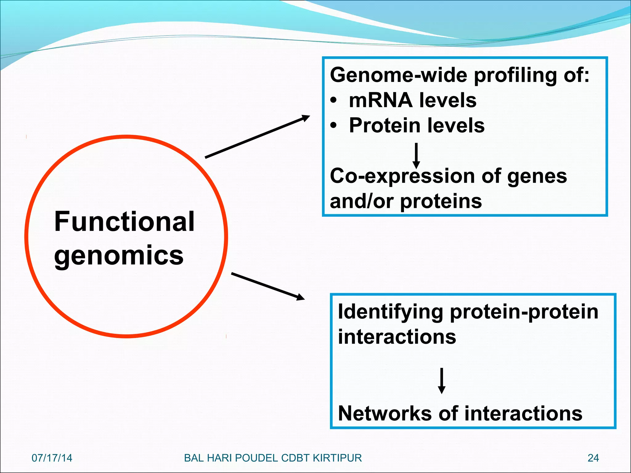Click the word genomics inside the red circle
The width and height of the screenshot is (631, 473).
(x=119, y=256)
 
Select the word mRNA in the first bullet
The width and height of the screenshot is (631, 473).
(x=381, y=100)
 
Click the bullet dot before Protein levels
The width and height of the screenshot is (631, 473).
(x=333, y=126)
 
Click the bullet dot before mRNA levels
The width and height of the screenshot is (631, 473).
(x=333, y=101)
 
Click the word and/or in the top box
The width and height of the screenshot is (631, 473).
(x=362, y=201)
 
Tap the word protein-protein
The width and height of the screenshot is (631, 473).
(x=524, y=312)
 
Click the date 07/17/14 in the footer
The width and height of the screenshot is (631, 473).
(x=52, y=458)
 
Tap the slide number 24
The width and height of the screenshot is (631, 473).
(x=593, y=458)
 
